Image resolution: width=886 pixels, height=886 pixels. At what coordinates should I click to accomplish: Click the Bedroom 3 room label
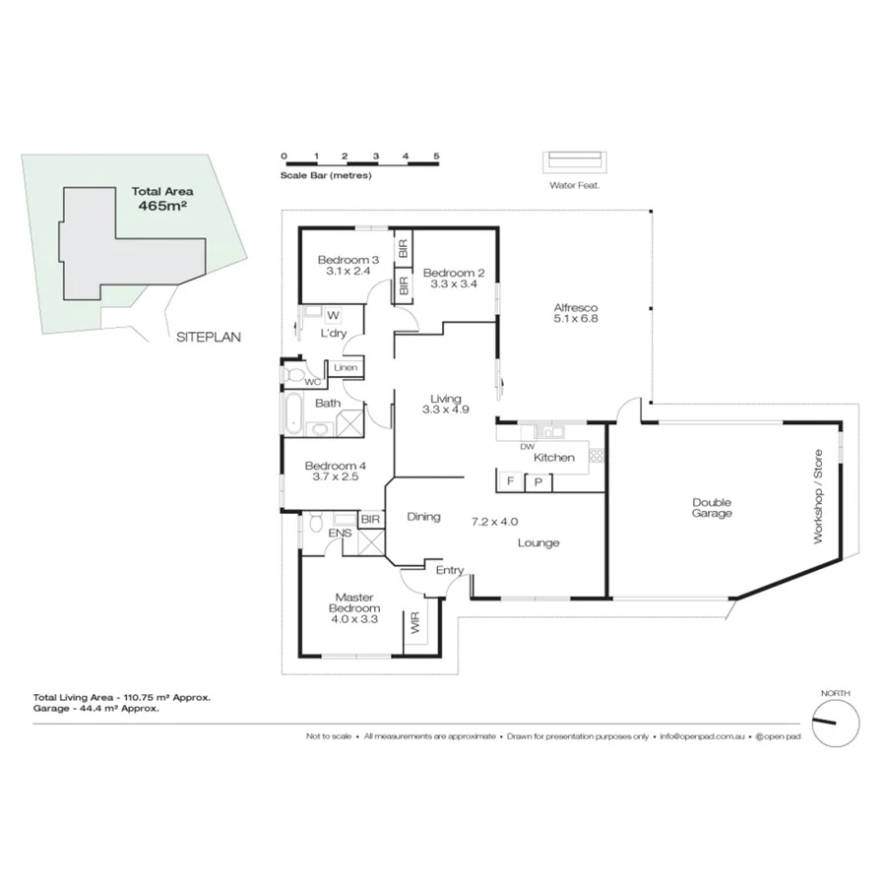pyautogui.click(x=343, y=261)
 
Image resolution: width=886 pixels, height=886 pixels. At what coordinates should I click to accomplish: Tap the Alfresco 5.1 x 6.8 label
pyautogui.click(x=577, y=312)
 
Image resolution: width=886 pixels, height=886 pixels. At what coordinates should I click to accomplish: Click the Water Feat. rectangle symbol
pyautogui.click(x=576, y=162)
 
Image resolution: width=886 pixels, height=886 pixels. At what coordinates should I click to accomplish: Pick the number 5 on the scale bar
pyautogui.click(x=435, y=157)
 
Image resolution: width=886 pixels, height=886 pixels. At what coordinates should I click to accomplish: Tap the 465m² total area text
pyautogui.click(x=162, y=208)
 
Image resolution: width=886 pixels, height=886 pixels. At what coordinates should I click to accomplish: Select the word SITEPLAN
pyautogui.click(x=209, y=337)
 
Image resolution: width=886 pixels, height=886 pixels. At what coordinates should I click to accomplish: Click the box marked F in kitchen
pyautogui.click(x=510, y=481)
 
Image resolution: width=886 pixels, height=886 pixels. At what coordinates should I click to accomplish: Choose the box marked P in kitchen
pyautogui.click(x=538, y=481)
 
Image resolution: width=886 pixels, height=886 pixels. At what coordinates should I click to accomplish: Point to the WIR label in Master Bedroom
pyautogui.click(x=414, y=623)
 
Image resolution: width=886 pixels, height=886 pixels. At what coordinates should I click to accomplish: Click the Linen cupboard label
pyautogui.click(x=345, y=368)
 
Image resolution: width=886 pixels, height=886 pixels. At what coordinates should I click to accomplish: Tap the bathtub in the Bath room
pyautogui.click(x=292, y=411)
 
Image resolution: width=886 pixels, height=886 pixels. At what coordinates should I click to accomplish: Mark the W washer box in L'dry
pyautogui.click(x=332, y=316)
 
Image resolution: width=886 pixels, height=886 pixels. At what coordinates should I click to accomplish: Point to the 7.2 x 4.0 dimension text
pyautogui.click(x=494, y=522)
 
